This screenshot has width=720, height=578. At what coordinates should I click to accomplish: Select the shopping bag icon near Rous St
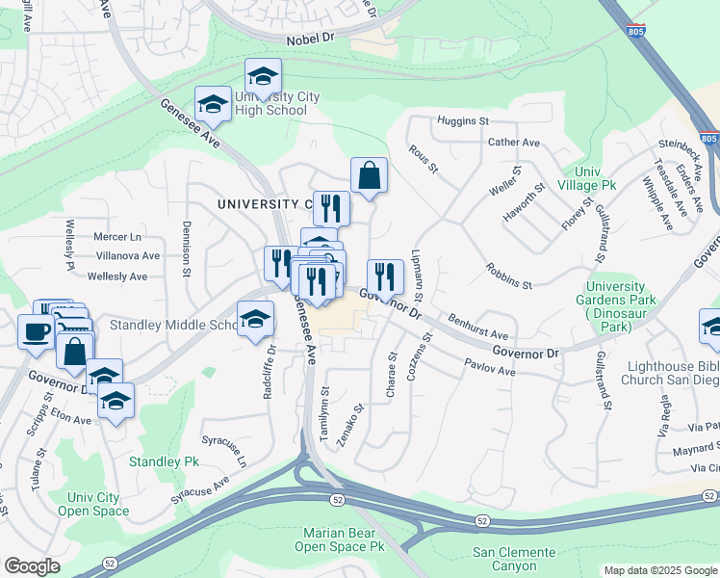pyautogui.click(x=369, y=176)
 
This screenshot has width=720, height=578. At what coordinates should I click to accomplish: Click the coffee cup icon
pyautogui.click(x=37, y=332)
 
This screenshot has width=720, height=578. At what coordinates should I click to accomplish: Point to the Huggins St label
pyautogui.click(x=463, y=122)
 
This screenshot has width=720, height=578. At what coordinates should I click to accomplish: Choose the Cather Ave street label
pyautogui.click(x=513, y=143)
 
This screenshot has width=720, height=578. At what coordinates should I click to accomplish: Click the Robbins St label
pyautogui.click(x=508, y=276)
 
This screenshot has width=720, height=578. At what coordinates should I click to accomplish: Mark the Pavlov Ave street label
pyautogui.click(x=491, y=367)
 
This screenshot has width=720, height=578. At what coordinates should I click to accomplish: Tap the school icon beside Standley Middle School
pyautogui.click(x=255, y=320)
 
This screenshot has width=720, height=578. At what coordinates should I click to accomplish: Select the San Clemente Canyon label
pyautogui.click(x=513, y=559)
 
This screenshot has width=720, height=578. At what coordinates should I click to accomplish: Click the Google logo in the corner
pyautogui.click(x=32, y=566)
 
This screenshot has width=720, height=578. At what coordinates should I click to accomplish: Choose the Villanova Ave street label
pyautogui.click(x=127, y=256)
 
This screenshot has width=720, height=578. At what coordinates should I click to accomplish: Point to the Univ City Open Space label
pyautogui.click(x=93, y=504)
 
